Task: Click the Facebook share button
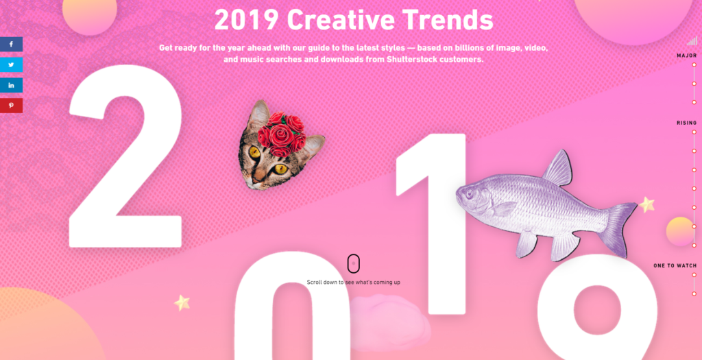point(11,45)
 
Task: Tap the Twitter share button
point(11,65)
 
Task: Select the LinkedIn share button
point(11,85)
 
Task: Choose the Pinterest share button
point(11,106)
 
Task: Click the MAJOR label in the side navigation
point(686,56)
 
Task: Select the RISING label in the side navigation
point(686,123)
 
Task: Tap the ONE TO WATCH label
point(675,265)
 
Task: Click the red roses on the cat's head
point(281,133)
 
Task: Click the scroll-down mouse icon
point(354,264)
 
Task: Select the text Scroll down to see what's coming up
point(353,282)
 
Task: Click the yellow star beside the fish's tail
point(646,204)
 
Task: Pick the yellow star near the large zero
point(182,302)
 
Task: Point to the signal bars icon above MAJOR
point(692,41)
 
